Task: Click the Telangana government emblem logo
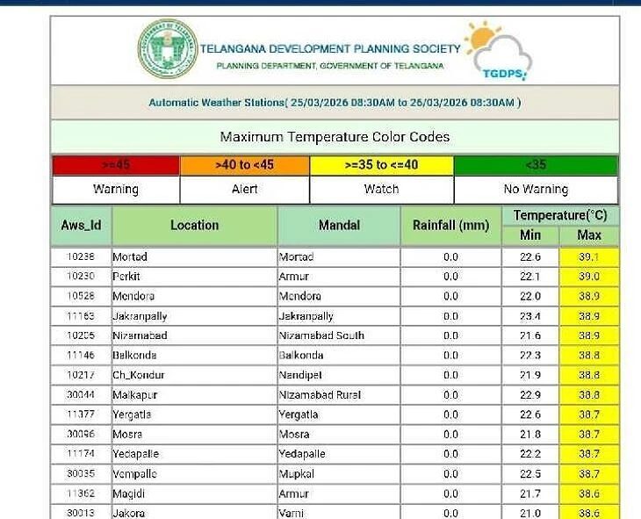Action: pos(168,49)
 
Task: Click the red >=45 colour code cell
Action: pos(116,165)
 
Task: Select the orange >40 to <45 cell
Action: pos(244,165)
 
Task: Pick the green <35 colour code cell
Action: pos(535,165)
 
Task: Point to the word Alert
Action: pos(244,189)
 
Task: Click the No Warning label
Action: pos(535,189)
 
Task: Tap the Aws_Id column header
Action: pos(81,225)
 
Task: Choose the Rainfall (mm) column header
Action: pos(450,225)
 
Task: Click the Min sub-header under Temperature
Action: pos(530,235)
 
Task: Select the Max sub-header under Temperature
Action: pos(589,235)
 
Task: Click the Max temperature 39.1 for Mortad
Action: pos(588,257)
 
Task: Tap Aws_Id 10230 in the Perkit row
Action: pos(81,277)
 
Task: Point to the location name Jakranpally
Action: pos(140,316)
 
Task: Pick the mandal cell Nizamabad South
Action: pos(320,335)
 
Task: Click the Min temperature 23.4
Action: pos(529,316)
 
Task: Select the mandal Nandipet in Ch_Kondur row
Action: pos(300,375)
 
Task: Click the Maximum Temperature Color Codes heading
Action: pos(335,137)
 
